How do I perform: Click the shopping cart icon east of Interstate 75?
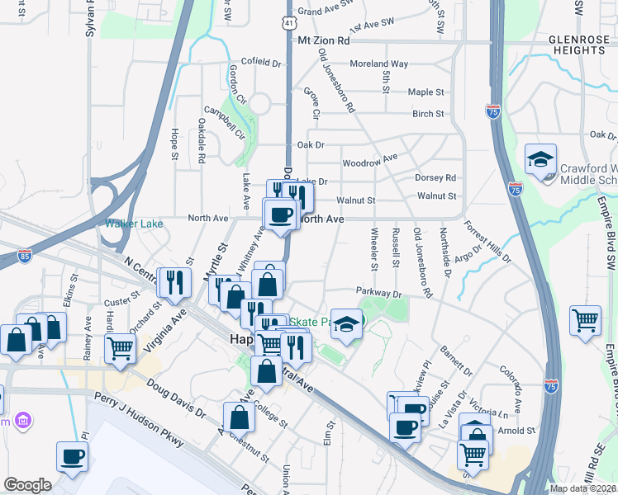point(585,320)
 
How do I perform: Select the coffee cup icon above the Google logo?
point(72,456)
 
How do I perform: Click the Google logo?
point(27,485)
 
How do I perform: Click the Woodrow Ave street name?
point(369,159)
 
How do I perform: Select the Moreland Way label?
point(378,64)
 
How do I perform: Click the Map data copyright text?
point(582,488)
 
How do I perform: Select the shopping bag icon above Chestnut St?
point(239,417)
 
